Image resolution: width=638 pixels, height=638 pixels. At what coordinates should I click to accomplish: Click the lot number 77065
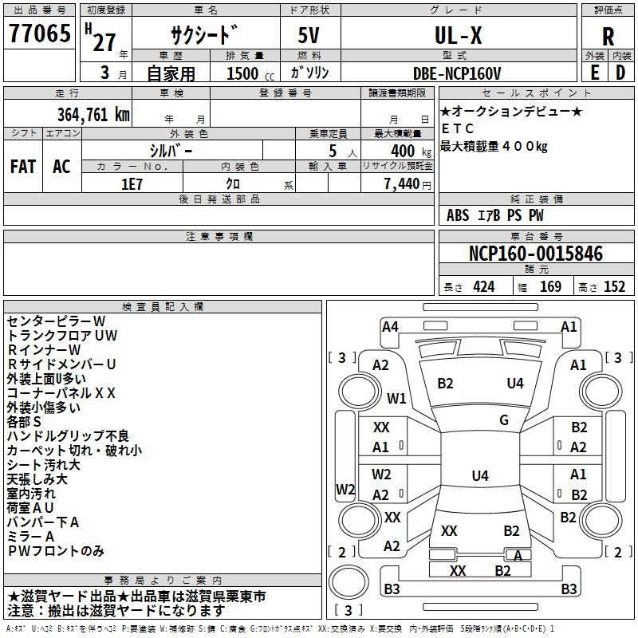[x=40, y=33]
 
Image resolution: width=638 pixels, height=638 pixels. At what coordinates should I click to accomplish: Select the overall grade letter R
[x=608, y=37]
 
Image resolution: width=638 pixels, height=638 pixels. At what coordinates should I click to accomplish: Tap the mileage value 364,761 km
[x=93, y=115]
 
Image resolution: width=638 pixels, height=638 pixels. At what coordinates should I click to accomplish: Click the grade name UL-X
[x=459, y=35]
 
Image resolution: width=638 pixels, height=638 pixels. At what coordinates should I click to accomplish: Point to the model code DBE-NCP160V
[x=457, y=73]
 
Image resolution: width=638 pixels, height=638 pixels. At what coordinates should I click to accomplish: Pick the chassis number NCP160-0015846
[x=536, y=254]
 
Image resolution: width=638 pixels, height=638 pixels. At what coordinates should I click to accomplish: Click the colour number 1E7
[x=132, y=184]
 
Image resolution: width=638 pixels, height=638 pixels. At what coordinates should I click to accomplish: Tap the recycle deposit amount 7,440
[x=402, y=184]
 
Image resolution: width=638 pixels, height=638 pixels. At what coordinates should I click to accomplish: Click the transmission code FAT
[x=23, y=166]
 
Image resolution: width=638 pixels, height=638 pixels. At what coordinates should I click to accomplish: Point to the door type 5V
[x=309, y=35]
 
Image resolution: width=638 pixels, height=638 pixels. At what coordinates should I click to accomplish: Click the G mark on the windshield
[x=504, y=420]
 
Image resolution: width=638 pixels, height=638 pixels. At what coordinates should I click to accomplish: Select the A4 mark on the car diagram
[x=390, y=327]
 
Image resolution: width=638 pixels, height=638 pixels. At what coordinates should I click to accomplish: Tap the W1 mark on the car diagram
[x=396, y=398]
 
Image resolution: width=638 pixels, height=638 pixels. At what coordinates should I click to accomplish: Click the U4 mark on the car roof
[x=480, y=475]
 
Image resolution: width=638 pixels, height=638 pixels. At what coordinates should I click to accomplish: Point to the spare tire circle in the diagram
[x=349, y=582]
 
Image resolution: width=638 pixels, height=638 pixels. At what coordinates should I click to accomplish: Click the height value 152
[x=614, y=287]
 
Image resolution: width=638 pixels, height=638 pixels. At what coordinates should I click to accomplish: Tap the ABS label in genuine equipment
[x=458, y=215]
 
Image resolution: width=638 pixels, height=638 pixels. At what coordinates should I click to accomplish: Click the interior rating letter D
[x=620, y=73]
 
